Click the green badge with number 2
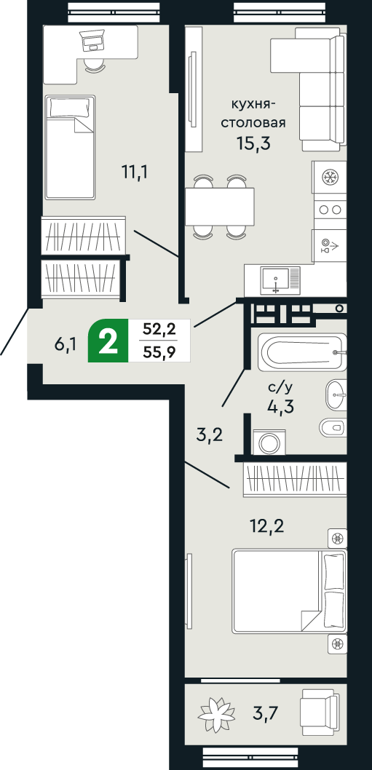point(108,341)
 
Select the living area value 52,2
point(159,330)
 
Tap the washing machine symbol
point(271,442)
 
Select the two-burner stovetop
point(330,209)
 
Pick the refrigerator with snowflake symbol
point(330,177)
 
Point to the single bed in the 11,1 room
point(70,148)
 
